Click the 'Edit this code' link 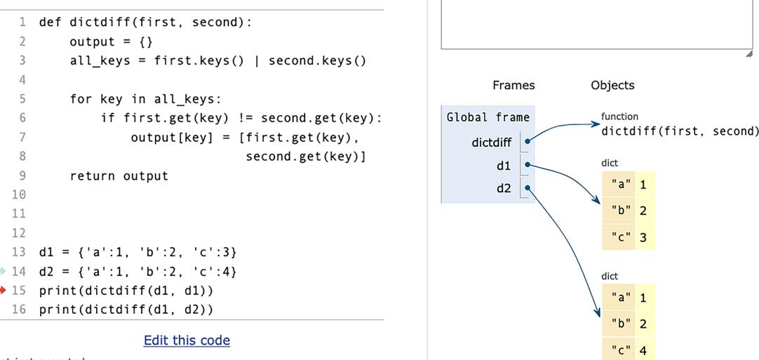(187, 340)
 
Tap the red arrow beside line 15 (4, 290)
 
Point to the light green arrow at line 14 (3, 271)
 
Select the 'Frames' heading (513, 85)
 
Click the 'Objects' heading (612, 85)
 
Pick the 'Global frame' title (488, 117)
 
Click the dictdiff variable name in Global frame (492, 142)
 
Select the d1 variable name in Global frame (504, 166)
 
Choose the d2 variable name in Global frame (504, 188)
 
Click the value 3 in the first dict (643, 237)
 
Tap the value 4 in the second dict (643, 350)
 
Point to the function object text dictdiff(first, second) (679, 131)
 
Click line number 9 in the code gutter (22, 175)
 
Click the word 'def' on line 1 (50, 22)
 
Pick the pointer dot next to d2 (527, 188)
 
